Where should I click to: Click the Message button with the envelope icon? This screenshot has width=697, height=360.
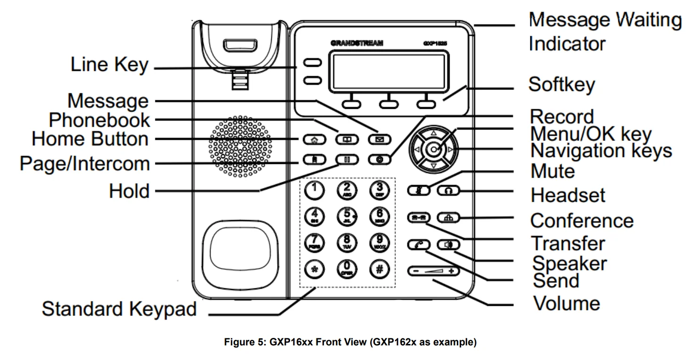pos(379,139)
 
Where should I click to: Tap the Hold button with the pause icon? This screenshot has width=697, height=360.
pos(346,159)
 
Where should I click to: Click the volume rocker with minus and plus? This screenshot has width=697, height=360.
pos(432,271)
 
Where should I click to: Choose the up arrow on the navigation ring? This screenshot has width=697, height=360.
pos(433,134)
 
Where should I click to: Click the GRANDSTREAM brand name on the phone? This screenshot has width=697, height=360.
pos(357,43)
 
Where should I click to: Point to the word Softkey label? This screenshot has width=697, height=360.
pos(561,85)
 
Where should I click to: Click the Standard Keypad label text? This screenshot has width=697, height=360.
pos(119,309)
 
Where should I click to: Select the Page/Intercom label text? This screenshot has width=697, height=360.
pos(85,164)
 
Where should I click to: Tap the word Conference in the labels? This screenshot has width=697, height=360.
pos(582,220)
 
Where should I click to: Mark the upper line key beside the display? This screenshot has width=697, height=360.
pos(312,63)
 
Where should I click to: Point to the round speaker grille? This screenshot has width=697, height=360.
pos(240,146)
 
